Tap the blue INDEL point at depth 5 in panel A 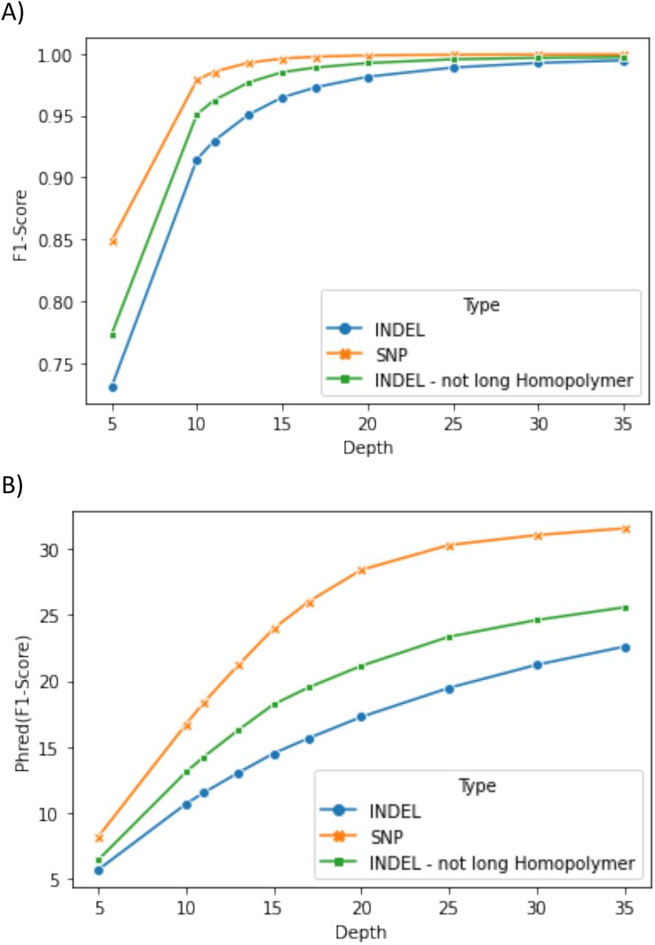click(x=112, y=387)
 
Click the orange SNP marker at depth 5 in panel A click(x=112, y=241)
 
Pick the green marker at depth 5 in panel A click(x=112, y=335)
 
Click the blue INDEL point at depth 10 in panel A click(x=197, y=160)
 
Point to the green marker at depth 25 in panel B click(x=450, y=636)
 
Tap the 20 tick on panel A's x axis click(x=368, y=427)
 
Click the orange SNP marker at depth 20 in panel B click(x=362, y=570)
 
